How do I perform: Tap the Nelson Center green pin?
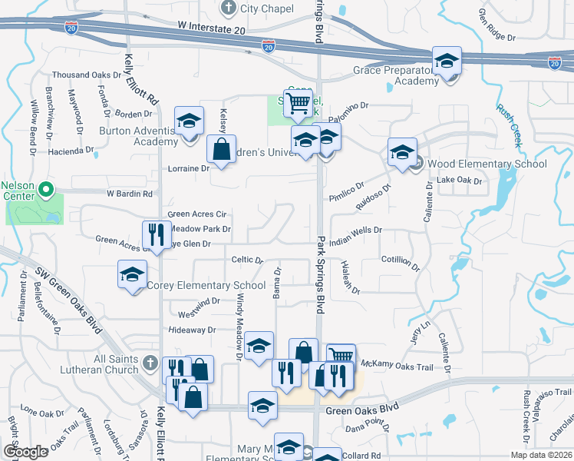coord(45,188)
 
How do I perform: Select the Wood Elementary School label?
coord(487,164)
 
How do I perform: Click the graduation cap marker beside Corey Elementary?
coord(132,275)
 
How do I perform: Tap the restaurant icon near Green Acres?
coord(157,236)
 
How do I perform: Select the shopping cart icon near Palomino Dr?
coord(297,102)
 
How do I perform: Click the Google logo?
coord(25,452)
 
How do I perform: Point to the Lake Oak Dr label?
coord(459,181)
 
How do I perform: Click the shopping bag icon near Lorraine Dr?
coord(221,151)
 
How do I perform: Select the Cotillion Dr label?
coord(401,264)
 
